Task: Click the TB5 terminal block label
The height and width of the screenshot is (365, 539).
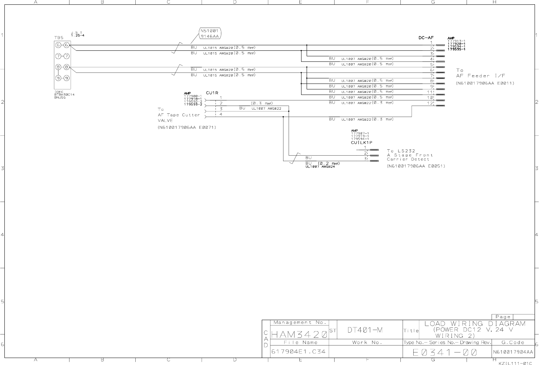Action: (x=59, y=37)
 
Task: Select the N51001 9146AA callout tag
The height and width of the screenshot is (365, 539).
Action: (x=210, y=33)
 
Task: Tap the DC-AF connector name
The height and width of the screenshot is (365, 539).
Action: (x=426, y=38)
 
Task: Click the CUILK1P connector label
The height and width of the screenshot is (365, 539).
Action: (x=361, y=142)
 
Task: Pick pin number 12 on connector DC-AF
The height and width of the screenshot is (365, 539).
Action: (x=430, y=103)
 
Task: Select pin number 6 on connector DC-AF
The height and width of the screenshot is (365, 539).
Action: (x=432, y=70)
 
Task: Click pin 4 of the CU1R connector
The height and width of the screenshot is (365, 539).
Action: (x=221, y=114)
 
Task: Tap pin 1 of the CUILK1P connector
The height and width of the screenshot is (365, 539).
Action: (x=365, y=148)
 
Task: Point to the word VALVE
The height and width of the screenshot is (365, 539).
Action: (x=165, y=120)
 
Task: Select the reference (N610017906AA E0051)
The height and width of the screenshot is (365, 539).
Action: (x=416, y=166)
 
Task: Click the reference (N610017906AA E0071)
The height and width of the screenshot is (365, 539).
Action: (x=187, y=127)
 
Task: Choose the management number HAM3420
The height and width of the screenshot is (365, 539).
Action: (x=299, y=334)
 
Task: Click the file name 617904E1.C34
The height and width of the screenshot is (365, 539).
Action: (x=298, y=351)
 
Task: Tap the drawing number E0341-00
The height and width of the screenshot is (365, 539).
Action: (x=445, y=352)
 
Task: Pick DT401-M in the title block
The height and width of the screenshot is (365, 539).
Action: (x=365, y=330)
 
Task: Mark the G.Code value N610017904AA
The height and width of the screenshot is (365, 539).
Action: (x=513, y=352)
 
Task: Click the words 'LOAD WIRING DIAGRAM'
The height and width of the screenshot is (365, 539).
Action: (x=475, y=324)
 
